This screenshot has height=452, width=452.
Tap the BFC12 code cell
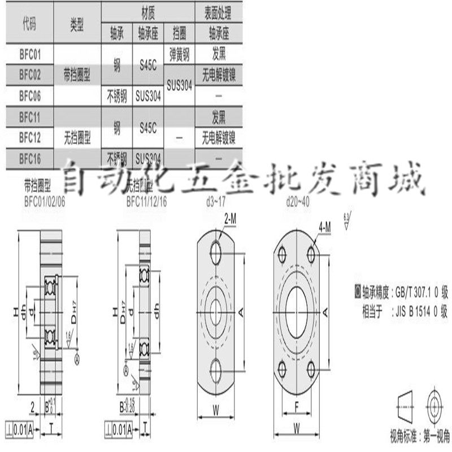30,137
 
